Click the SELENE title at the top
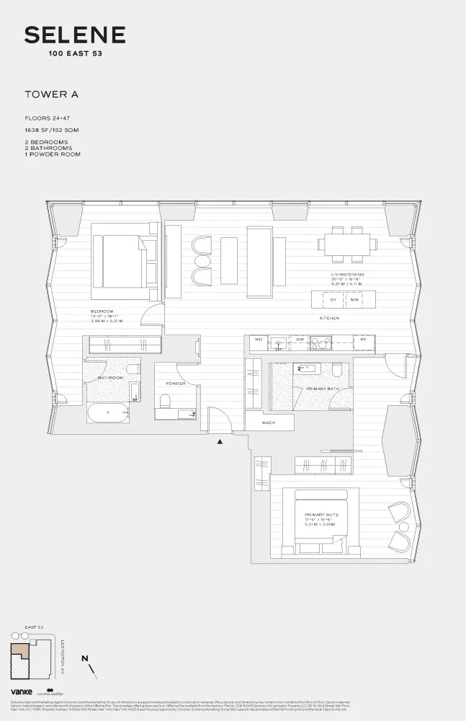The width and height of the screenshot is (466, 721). tap(75, 35)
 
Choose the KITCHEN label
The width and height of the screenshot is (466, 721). tap(330, 318)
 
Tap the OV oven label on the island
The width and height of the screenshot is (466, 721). tap(333, 299)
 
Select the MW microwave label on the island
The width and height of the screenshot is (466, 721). tap(354, 299)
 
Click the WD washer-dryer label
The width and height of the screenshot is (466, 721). tap(257, 339)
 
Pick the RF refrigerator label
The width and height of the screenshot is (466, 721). tap(363, 339)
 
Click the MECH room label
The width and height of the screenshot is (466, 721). tap(269, 423)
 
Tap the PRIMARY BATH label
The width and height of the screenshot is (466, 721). tap(319, 389)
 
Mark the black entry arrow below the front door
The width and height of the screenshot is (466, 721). tap(220, 441)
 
